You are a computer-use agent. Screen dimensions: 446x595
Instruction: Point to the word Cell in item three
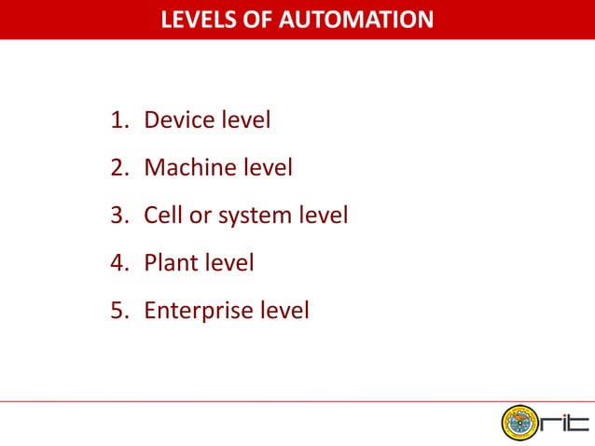(162, 216)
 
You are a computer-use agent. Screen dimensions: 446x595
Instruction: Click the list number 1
(117, 120)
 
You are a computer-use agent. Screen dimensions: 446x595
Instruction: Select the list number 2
(117, 168)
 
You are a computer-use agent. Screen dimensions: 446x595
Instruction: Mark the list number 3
(117, 216)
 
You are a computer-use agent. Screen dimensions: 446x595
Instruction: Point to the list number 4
(117, 263)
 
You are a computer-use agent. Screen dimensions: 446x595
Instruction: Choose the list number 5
(117, 311)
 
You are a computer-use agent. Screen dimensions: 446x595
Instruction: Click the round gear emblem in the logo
(520, 424)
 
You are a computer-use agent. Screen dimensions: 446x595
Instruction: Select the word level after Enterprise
(284, 310)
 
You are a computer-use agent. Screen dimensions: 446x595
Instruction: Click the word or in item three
(200, 216)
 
